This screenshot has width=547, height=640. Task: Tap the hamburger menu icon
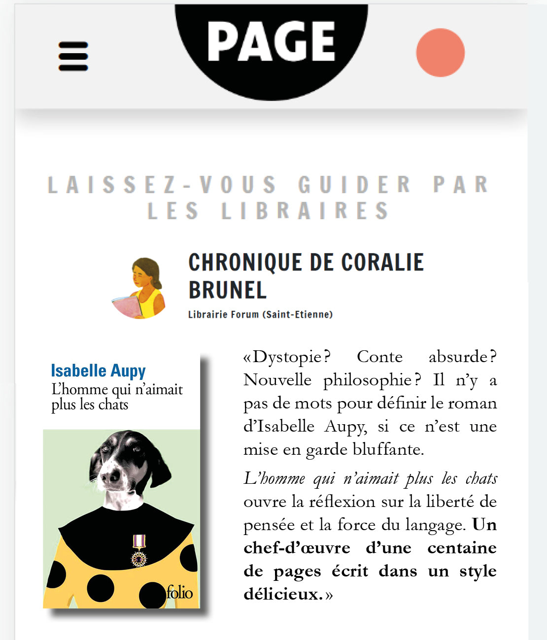click(73, 56)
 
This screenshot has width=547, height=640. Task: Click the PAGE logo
click(271, 42)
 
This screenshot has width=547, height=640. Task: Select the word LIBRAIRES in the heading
click(305, 211)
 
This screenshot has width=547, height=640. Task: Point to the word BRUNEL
click(227, 290)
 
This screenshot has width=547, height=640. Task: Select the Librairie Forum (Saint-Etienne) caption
click(260, 314)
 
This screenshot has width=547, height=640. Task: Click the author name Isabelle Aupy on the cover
click(98, 370)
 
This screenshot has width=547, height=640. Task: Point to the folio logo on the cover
click(179, 592)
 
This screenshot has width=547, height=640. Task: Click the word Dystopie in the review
click(287, 357)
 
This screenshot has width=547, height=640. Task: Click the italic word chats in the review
click(481, 478)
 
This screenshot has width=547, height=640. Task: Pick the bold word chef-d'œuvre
click(297, 548)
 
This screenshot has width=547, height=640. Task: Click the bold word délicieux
click(283, 594)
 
